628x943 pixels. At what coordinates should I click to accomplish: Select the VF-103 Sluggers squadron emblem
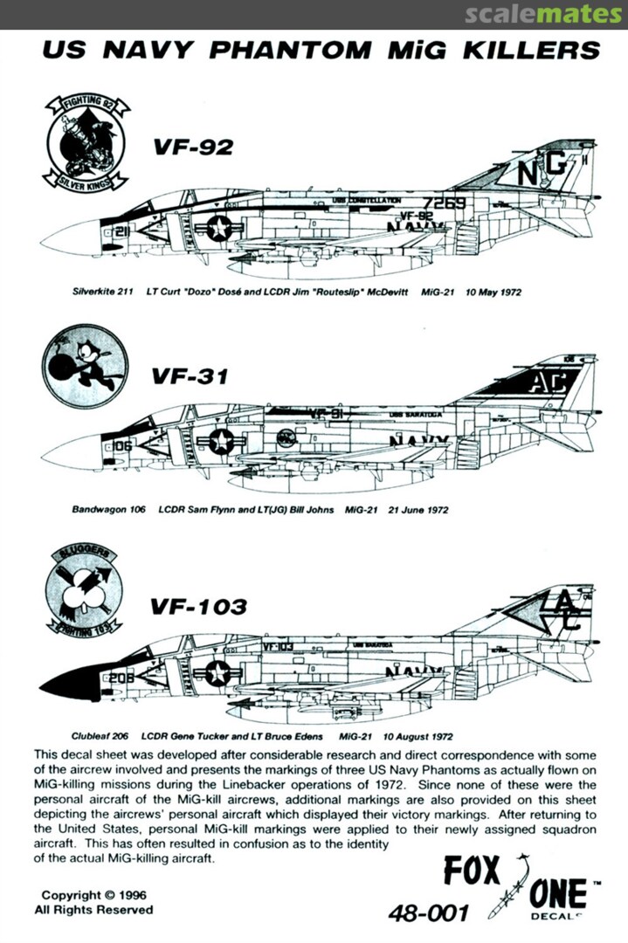pos(84,591)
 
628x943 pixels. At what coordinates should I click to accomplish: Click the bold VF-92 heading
pos(193,148)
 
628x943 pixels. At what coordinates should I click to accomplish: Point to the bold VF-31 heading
pos(190,376)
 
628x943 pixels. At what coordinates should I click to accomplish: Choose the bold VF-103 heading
pos(198,605)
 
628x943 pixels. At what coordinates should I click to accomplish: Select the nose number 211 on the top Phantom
pos(121,231)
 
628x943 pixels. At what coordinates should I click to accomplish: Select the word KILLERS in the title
pos(534,49)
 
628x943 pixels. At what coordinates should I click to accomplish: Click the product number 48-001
pos(429,913)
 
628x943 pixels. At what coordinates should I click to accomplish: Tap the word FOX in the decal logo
pos(472,871)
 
